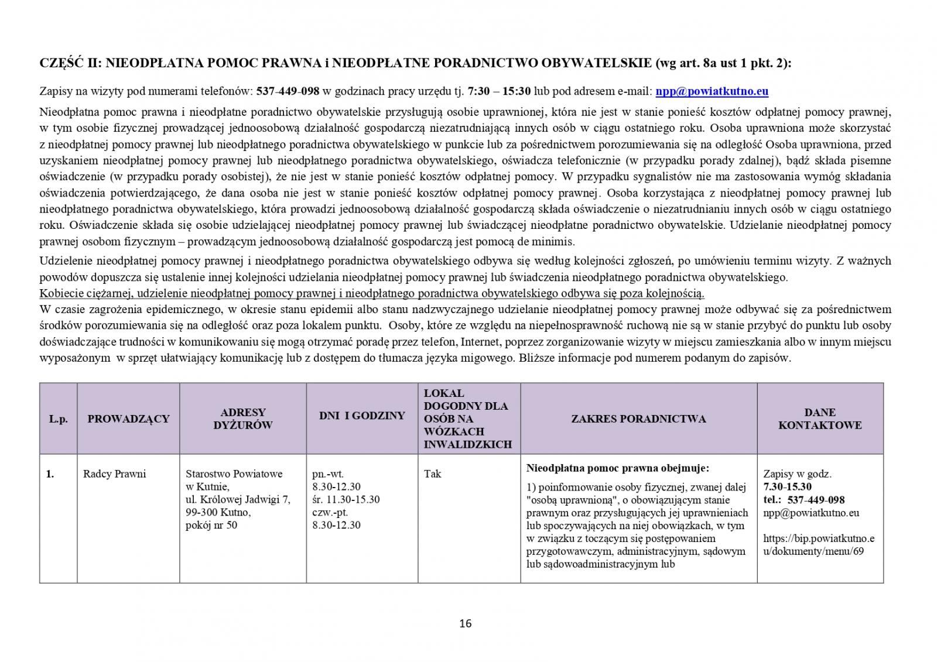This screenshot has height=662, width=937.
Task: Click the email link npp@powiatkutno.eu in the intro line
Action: (712, 91)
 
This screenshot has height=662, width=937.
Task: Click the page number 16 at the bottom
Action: (466, 623)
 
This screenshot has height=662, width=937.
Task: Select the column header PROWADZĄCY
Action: (128, 419)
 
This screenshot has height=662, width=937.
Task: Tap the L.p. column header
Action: (58, 419)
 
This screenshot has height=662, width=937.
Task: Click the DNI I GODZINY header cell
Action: (362, 416)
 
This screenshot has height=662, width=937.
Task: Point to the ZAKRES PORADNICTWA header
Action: (638, 419)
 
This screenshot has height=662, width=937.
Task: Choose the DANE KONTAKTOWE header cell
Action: (819, 419)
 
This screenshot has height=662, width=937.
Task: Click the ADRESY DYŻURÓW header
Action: (242, 419)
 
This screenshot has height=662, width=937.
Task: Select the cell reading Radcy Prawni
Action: (115, 474)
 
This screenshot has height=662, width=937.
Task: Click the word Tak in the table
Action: (433, 474)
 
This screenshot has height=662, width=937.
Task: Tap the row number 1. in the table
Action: (50, 474)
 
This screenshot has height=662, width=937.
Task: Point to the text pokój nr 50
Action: (211, 525)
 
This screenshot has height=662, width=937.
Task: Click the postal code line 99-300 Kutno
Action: (218, 512)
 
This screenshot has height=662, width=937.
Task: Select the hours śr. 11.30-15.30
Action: (346, 499)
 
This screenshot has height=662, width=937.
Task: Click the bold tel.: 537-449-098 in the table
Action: (804, 499)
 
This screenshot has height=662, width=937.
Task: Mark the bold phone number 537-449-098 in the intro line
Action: (288, 91)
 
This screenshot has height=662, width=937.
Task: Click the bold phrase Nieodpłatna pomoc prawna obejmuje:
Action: (618, 468)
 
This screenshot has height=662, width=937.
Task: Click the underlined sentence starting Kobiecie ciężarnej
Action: (372, 293)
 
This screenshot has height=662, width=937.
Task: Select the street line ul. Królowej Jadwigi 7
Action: (238, 499)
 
